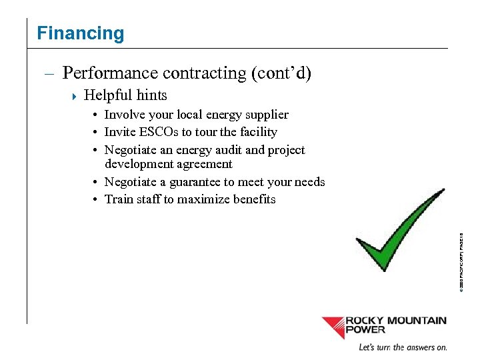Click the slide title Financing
click(x=81, y=33)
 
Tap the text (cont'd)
click(x=281, y=73)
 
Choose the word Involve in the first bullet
click(x=125, y=115)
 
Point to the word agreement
click(x=201, y=164)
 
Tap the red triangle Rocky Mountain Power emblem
click(x=333, y=327)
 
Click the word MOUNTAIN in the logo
click(x=415, y=321)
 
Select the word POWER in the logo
click(x=365, y=329)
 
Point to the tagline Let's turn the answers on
click(x=403, y=347)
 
